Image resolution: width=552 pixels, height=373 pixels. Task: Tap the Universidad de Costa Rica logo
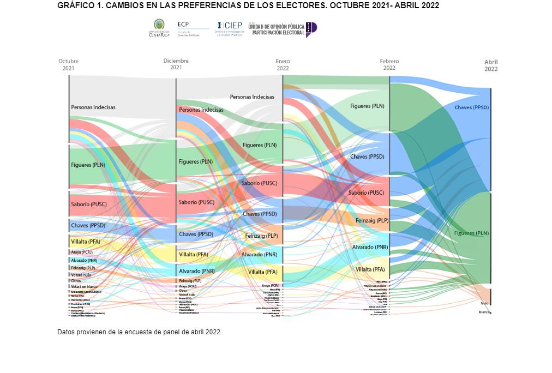tap(159, 27)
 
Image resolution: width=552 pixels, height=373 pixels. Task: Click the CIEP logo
tap(230, 28)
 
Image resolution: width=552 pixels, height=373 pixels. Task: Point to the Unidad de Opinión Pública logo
tap(282, 29)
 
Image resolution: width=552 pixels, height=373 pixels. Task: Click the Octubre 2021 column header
tap(69, 65)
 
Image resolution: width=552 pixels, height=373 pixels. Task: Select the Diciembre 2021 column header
tap(176, 64)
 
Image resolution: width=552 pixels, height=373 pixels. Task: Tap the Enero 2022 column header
tap(283, 65)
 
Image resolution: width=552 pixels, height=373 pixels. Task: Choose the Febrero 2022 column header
tap(389, 65)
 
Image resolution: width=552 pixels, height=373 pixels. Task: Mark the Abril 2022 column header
tap(491, 65)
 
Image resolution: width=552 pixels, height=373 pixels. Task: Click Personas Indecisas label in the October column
tap(93, 107)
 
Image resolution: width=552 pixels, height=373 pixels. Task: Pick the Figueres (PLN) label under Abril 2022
tap(471, 233)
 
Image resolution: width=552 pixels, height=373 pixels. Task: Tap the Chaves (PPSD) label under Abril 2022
tap(471, 107)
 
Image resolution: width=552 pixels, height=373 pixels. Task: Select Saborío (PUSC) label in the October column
tap(88, 204)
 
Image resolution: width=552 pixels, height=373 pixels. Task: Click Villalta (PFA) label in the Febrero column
tap(370, 269)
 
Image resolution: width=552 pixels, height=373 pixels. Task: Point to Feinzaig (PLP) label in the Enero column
tap(262, 236)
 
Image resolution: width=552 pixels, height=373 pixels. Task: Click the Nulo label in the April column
tap(484, 303)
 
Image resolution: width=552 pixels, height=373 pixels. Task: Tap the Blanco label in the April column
tap(484, 312)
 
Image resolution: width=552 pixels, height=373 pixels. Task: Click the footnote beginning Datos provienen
tap(140, 332)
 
